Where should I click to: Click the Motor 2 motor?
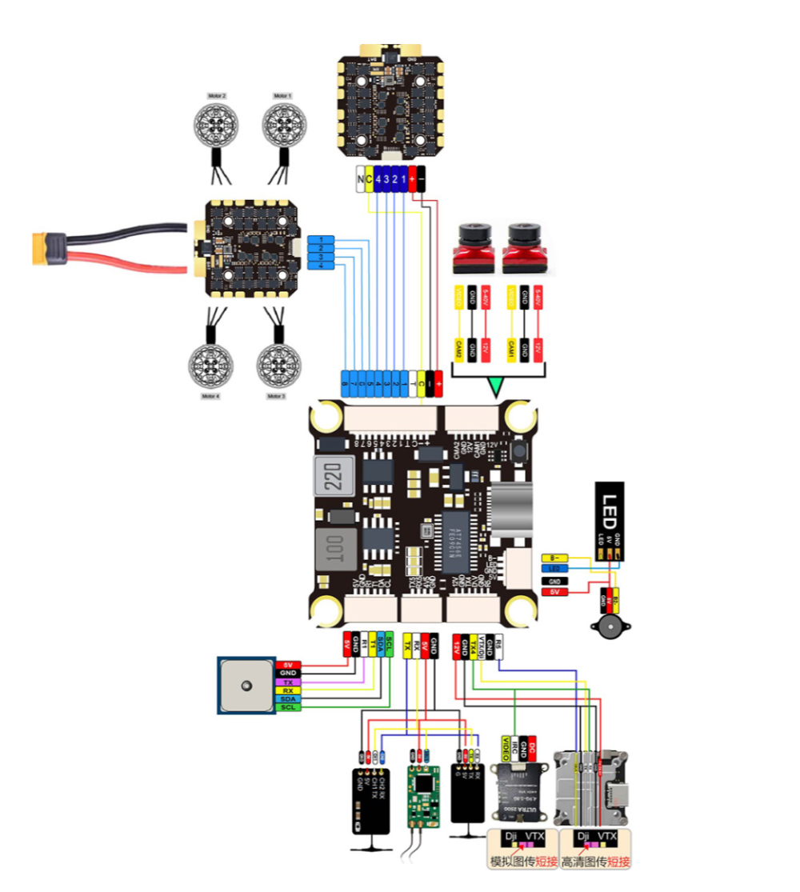[x=216, y=123]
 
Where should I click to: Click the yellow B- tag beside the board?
[x=556, y=557]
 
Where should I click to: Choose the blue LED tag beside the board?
[x=556, y=569]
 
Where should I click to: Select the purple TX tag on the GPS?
[x=288, y=682]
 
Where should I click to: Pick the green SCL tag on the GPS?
[x=288, y=707]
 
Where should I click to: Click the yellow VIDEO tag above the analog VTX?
[x=506, y=746]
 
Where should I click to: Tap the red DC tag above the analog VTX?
[x=532, y=746]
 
